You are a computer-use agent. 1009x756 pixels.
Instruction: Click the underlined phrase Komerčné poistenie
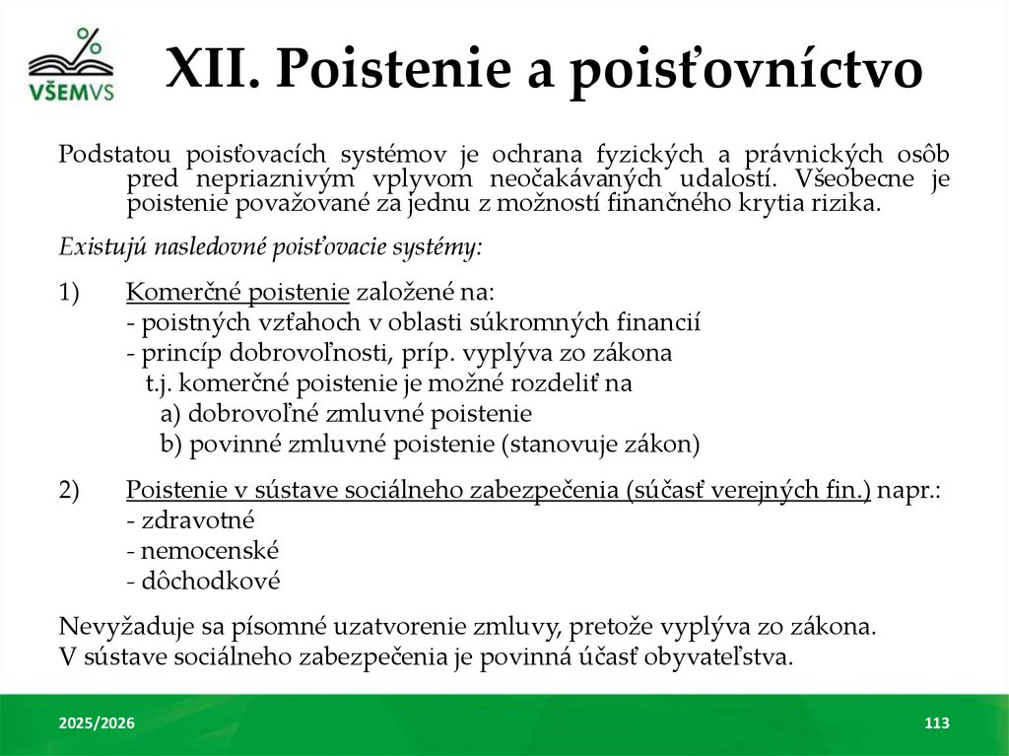(237, 293)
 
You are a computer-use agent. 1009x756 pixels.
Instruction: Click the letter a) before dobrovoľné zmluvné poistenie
(170, 414)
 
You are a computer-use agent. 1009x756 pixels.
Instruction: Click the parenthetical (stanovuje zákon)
(600, 445)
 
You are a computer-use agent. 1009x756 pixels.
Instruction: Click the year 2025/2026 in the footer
(97, 724)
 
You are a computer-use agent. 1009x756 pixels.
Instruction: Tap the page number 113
(936, 724)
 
